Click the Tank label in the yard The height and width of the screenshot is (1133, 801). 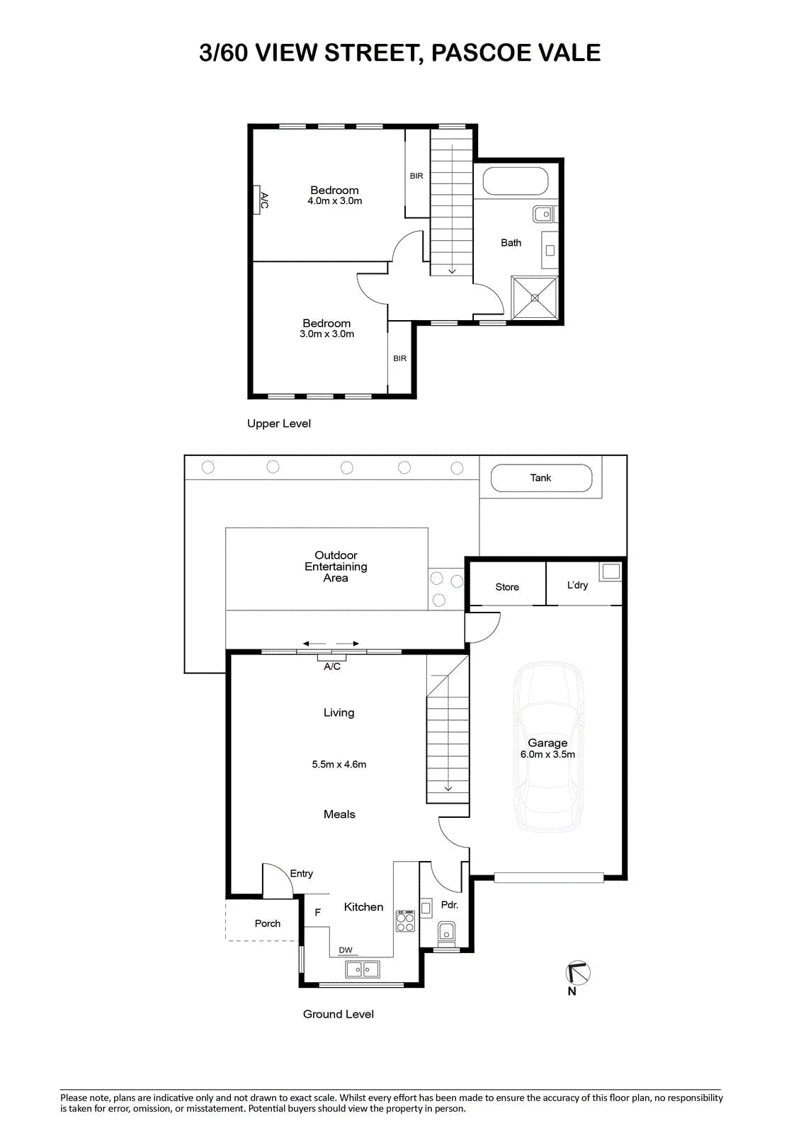[x=540, y=477]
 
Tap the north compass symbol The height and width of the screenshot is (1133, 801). [x=578, y=972]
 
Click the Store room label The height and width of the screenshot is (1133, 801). [x=507, y=587]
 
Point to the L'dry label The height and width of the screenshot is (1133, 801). [x=577, y=585]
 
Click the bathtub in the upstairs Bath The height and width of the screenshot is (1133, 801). [x=515, y=181]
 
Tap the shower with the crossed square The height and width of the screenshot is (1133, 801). [x=535, y=298]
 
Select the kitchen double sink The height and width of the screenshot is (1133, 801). [x=363, y=969]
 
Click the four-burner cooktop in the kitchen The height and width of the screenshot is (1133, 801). [x=405, y=921]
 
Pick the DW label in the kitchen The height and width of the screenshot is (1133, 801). [x=346, y=950]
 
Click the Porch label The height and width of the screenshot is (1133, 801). [x=268, y=923]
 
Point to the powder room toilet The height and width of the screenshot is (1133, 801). [x=445, y=930]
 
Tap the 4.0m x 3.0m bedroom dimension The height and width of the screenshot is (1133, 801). [x=334, y=201]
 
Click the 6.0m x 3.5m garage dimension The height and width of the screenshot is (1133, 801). [x=547, y=754]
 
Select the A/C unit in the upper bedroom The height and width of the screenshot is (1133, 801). [x=257, y=199]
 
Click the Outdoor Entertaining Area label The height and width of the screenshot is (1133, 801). [x=336, y=566]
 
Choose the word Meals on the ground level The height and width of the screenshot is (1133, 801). [x=339, y=814]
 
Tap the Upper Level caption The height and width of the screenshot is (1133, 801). [x=279, y=423]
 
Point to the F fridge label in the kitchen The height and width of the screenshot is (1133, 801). [x=318, y=913]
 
